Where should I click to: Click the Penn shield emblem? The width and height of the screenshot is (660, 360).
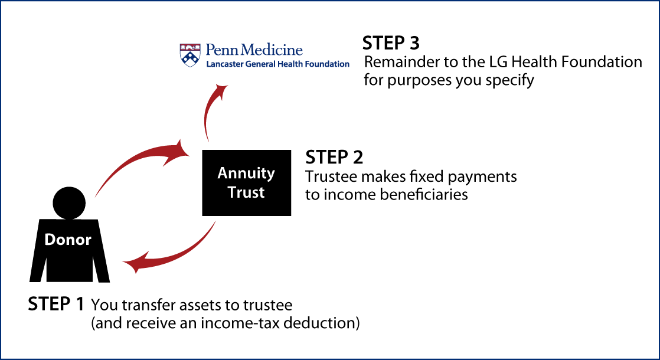(x=189, y=55)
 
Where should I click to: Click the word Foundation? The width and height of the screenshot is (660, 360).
(x=329, y=64)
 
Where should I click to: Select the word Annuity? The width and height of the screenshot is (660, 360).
(x=246, y=174)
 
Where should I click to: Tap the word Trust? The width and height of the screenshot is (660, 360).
(x=246, y=192)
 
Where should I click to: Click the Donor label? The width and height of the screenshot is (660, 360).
(x=68, y=240)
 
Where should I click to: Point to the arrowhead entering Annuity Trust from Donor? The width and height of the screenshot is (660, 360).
(x=179, y=150)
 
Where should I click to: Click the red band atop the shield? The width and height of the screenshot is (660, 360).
(x=189, y=46)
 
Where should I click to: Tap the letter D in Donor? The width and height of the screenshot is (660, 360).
(x=50, y=240)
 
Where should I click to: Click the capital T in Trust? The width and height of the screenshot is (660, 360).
(x=232, y=192)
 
